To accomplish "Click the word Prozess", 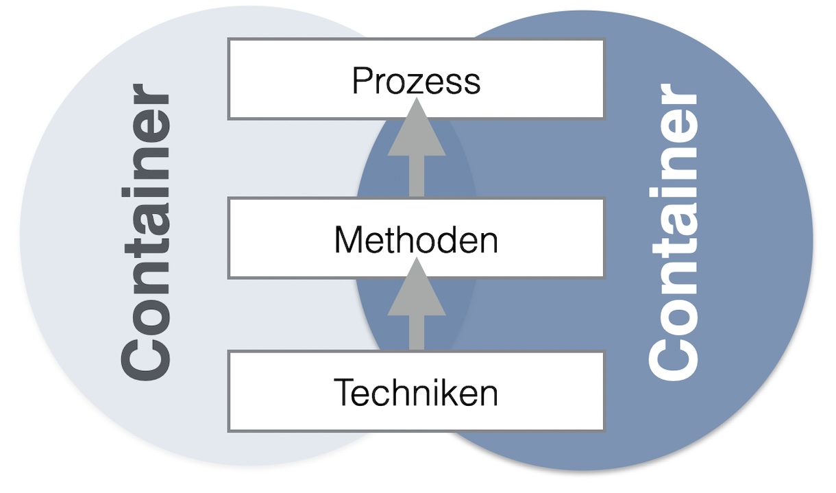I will point(416,81).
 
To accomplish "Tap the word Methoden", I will point(416,240).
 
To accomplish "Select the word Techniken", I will point(416,393).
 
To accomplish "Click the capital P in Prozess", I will point(361,81).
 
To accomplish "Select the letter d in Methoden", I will point(448,240).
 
